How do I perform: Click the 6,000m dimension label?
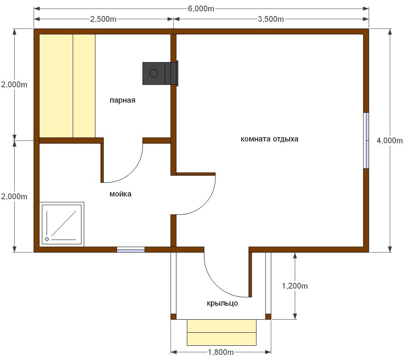coord(201,9)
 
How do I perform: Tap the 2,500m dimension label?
coord(103,19)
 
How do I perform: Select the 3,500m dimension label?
coord(271,19)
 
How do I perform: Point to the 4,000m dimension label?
coord(390,140)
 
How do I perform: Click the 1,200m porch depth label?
coord(295,286)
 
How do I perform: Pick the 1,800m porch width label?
coord(220,352)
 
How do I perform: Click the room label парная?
coord(122,100)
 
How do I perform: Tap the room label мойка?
coord(121,194)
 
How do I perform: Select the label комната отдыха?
coord(269,139)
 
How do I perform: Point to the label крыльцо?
coord(222,303)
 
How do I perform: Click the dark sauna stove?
coord(160,73)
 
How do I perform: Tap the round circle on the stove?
coord(154,73)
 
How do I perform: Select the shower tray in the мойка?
coord(62,224)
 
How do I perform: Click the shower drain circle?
coord(47,239)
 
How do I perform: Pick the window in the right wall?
coord(366,140)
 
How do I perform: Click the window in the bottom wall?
coord(131,250)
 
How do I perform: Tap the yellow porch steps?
coord(222,332)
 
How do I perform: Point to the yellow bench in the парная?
coord(67,86)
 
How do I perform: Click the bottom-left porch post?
coord(173,316)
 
